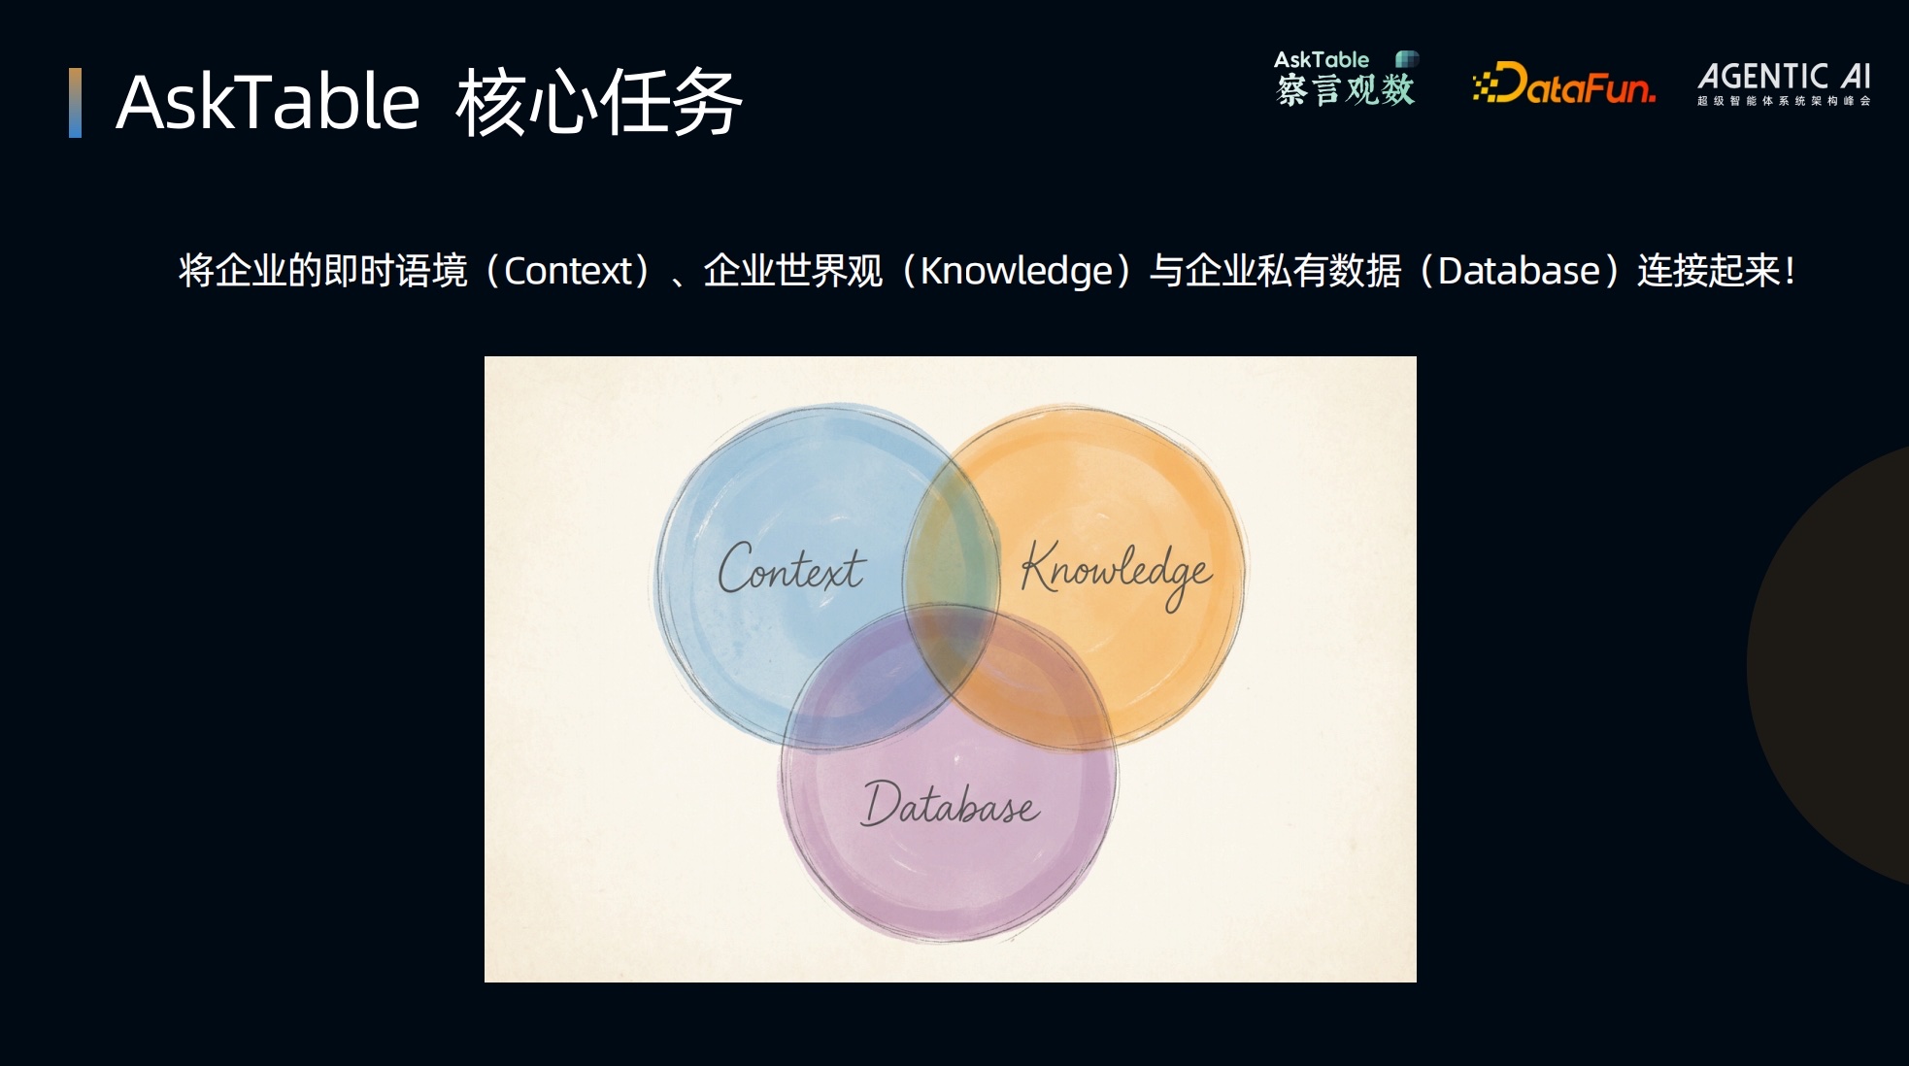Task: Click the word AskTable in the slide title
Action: tap(267, 102)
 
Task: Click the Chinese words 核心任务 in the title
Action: tap(599, 102)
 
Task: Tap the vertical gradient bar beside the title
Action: tap(75, 103)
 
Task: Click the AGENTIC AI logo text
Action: tap(1784, 77)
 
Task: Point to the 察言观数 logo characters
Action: tap(1345, 90)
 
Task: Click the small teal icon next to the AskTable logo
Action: tap(1406, 59)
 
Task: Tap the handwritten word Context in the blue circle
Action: tap(791, 568)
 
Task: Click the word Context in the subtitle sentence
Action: tap(568, 271)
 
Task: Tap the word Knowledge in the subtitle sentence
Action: tap(1016, 271)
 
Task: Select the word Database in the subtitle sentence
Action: tap(1519, 271)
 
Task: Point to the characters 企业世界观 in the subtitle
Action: tap(793, 271)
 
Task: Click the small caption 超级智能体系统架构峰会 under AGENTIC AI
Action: tap(1784, 101)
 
